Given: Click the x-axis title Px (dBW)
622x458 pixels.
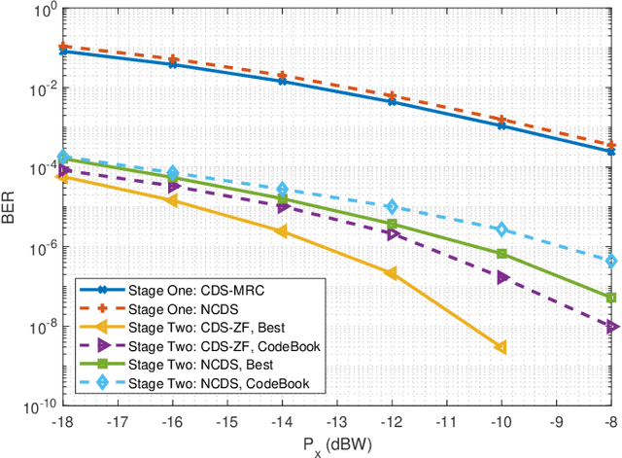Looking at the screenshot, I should tap(336, 445).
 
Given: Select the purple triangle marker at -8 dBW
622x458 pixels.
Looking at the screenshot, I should tap(610, 327).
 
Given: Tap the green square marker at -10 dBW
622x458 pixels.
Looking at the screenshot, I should tap(501, 254).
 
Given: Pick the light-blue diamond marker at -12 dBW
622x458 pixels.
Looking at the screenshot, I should tap(392, 207).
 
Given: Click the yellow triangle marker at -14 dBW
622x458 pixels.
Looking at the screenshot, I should tap(282, 231).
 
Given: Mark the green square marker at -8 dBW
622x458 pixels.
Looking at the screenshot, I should tap(610, 298).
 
